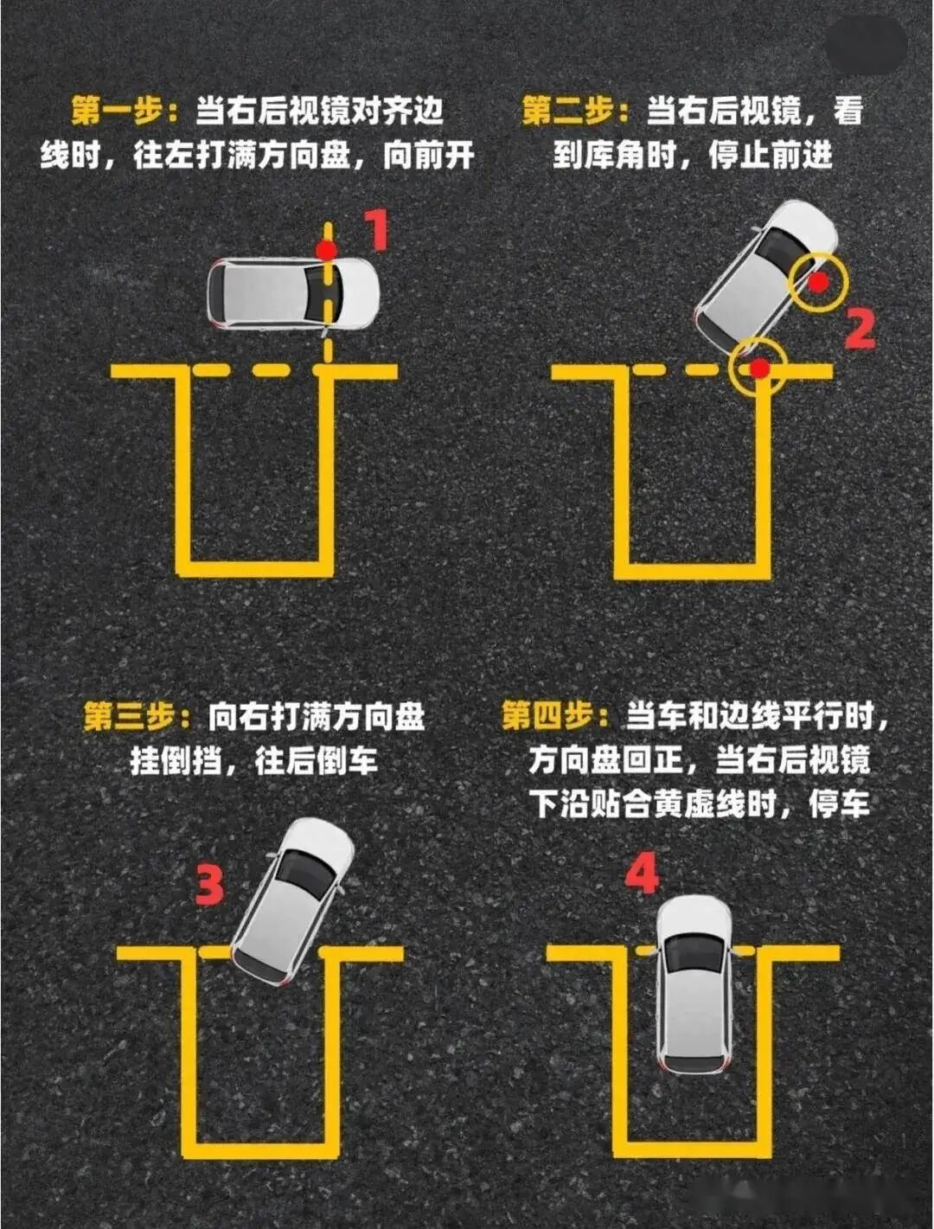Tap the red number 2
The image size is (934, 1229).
coord(859,330)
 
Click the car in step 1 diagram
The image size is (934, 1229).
coord(293,293)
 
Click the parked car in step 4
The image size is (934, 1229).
coord(693,983)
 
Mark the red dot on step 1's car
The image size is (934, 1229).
coord(326,251)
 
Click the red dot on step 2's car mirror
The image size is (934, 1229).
coord(817,281)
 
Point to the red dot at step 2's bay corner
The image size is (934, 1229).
coord(758,369)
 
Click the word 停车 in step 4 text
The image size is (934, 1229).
coord(839,804)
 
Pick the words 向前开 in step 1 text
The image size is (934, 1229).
coord(429,156)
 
